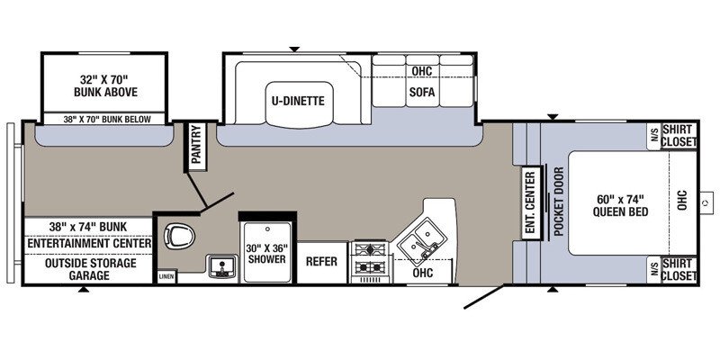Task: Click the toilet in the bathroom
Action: coord(179,237)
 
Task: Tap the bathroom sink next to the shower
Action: coord(222,266)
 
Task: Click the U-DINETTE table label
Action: coord(298,101)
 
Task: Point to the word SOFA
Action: coord(422,92)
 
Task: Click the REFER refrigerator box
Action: coord(321,261)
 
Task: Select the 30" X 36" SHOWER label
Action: coord(265,254)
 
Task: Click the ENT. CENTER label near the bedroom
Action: coord(530,202)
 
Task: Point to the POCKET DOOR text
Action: coord(559,202)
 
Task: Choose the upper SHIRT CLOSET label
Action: coord(679,136)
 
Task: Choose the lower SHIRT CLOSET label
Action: coord(679,270)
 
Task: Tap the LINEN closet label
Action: coord(166,277)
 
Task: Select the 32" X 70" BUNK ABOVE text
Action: coord(105,85)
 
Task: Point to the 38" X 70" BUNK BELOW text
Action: coord(107,120)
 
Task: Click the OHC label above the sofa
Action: coord(422,72)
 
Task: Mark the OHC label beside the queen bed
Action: coord(682,200)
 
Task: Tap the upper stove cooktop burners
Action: coord(370,250)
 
